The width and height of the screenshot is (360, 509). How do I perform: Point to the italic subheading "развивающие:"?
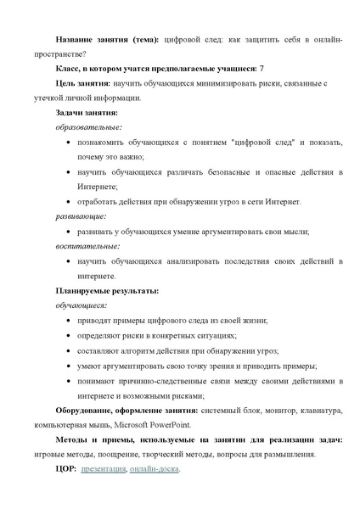(76, 216)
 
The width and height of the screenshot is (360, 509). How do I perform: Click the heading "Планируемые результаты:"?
(107, 291)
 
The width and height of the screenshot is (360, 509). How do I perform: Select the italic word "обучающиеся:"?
(82, 305)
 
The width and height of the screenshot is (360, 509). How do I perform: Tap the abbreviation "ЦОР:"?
(65, 469)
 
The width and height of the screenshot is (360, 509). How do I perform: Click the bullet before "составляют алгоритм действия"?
(67, 350)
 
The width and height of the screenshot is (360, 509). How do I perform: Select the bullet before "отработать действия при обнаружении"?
(67, 201)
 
